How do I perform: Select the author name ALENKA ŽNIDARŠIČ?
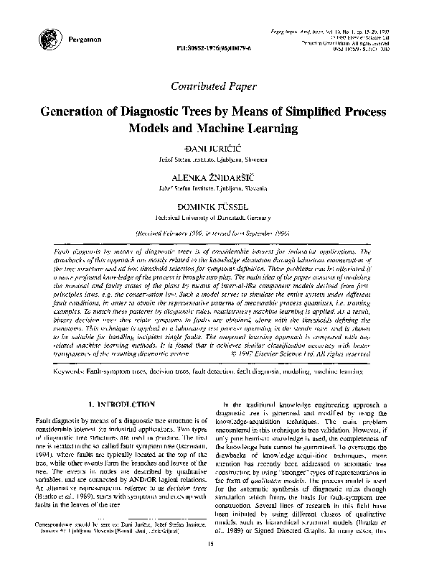pos(211,176)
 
